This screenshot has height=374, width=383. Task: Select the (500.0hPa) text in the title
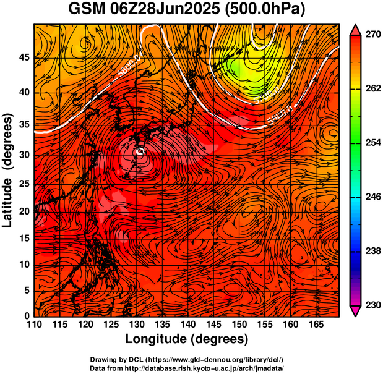tap(267, 10)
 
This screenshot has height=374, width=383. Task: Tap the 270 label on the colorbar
tap(374, 36)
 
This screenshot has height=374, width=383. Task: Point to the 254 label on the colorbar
tap(374, 143)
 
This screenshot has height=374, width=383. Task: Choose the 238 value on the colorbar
tap(374, 251)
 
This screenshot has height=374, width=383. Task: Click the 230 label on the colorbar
tap(374, 305)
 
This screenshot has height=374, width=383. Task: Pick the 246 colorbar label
tap(374, 197)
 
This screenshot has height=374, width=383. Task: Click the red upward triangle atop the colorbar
tap(356, 29)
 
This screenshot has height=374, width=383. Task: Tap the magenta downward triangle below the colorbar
tap(356, 312)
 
